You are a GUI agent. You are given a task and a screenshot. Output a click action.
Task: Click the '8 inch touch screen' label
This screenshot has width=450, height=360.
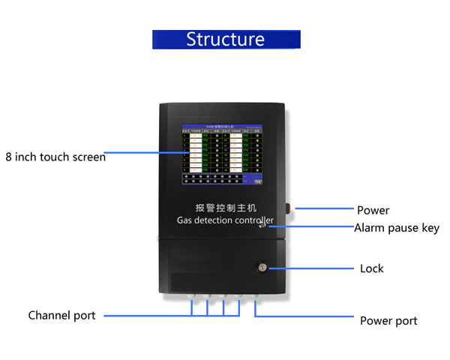pyautogui.click(x=55, y=157)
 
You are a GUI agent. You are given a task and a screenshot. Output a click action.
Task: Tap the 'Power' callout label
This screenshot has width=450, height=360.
pyautogui.click(x=373, y=210)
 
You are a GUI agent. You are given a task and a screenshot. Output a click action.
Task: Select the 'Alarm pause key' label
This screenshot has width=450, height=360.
pyautogui.click(x=397, y=228)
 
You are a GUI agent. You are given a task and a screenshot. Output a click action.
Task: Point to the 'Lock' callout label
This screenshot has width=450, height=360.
pyautogui.click(x=371, y=268)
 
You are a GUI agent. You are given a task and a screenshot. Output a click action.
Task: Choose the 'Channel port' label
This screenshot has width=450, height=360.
pyautogui.click(x=61, y=315)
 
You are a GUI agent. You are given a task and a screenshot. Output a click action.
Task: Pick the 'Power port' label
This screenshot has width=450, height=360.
pyautogui.click(x=388, y=320)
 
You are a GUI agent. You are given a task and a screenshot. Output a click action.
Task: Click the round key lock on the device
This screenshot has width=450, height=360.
pyautogui.click(x=262, y=267)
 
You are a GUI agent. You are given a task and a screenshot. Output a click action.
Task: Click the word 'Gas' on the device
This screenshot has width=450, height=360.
pyautogui.click(x=184, y=220)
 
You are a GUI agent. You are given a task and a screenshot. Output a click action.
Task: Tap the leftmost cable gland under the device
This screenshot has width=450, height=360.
pyautogui.click(x=190, y=297)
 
